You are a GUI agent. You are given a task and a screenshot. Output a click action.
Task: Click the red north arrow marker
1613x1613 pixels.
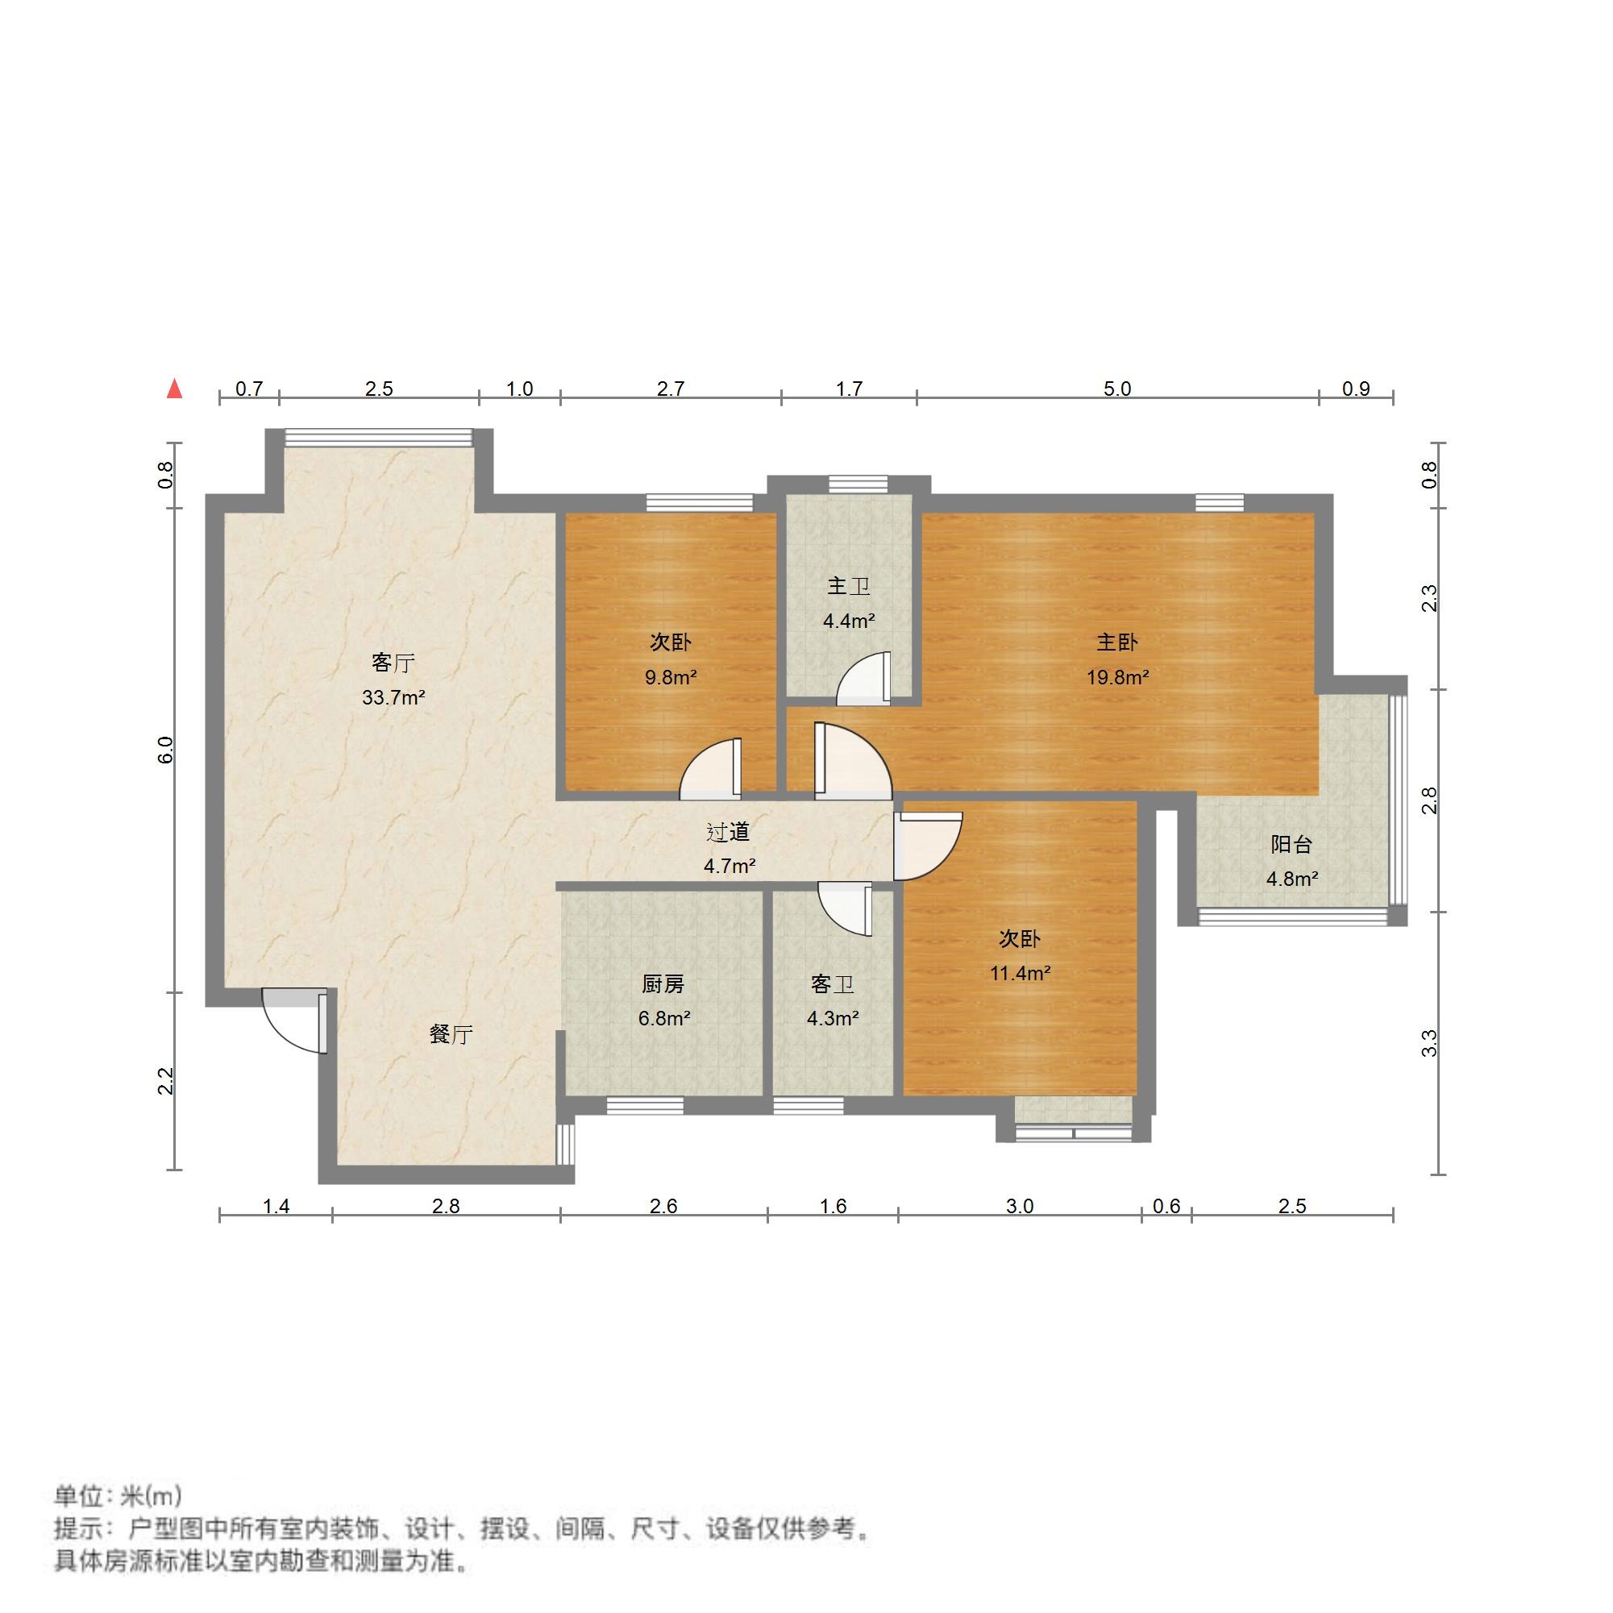(174, 389)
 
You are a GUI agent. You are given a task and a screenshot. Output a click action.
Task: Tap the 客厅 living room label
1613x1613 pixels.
(393, 663)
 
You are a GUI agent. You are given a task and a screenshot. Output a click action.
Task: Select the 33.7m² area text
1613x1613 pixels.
(393, 698)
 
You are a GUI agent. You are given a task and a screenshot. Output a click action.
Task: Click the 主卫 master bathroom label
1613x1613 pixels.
(848, 586)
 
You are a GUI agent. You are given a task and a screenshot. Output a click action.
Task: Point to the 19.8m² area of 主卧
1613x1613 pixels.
(1117, 678)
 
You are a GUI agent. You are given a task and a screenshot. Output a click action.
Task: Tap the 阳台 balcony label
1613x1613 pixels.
(1291, 844)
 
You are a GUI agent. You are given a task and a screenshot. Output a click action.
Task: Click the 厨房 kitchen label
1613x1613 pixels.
(663, 984)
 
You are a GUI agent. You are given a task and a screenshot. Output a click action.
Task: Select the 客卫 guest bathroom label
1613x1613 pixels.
(833, 984)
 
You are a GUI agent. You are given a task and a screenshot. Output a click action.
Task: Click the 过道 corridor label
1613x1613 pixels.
(729, 832)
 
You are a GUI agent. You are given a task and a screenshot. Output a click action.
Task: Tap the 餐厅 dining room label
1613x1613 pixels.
(451, 1034)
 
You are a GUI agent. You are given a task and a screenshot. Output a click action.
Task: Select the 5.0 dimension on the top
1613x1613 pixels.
(1117, 389)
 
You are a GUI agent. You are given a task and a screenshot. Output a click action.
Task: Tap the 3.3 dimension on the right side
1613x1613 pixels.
(1430, 1044)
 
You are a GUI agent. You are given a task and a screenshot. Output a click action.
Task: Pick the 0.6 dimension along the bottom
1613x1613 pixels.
(1166, 1207)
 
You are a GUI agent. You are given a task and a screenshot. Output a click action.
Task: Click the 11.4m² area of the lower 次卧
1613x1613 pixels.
(1020, 974)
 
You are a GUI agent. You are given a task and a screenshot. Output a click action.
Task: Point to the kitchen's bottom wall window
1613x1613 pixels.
(645, 1105)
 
